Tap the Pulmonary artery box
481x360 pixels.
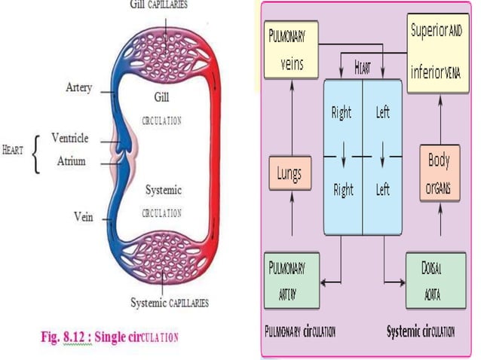(291, 279)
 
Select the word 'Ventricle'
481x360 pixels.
(69, 138)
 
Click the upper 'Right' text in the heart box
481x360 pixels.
(342, 114)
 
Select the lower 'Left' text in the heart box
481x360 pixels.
(383, 191)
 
